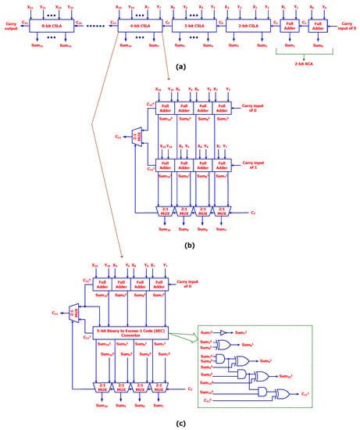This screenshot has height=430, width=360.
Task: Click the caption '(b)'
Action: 180,245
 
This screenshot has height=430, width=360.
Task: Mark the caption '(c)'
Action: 180,423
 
